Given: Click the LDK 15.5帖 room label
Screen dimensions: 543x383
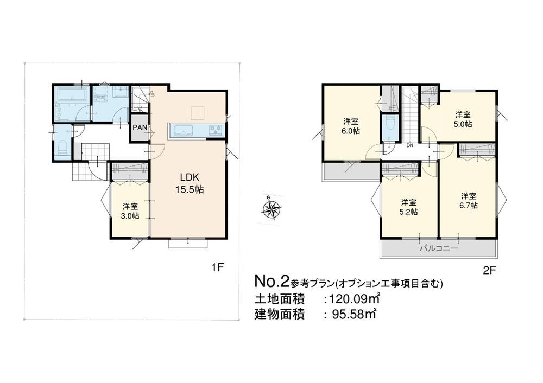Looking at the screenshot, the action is pos(192,183).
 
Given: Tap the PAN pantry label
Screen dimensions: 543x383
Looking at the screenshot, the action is pos(140,127).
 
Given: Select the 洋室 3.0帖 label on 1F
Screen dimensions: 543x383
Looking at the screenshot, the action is pos(130,212).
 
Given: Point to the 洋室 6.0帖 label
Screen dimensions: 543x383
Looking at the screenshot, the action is pos(351,126).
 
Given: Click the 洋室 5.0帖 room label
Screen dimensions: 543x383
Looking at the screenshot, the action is pos(463,119).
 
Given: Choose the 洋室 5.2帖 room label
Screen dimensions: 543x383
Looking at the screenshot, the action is pos(409,207).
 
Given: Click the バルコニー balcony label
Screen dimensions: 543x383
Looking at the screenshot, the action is pos(439,248).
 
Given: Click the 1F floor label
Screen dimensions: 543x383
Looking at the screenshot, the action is pos(218,267).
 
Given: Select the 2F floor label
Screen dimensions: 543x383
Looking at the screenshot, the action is pos(490,270).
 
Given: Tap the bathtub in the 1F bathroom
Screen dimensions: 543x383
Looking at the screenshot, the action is pos(72,94).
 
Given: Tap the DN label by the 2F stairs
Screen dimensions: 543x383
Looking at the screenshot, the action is pos(410,145).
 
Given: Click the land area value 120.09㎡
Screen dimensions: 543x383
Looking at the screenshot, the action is pos(355,298).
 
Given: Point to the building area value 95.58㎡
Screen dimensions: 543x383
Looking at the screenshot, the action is pos(354,314).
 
